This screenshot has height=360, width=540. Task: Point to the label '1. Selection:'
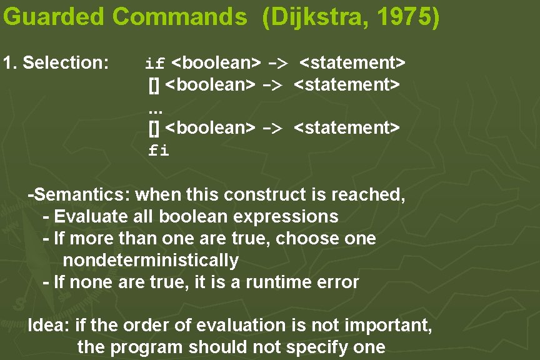pos(56,63)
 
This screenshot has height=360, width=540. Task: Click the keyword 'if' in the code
pos(154,64)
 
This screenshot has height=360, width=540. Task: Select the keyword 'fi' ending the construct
pos(158,151)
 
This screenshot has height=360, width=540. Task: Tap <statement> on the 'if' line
pos(352,63)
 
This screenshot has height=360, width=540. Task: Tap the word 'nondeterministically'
pos(151,260)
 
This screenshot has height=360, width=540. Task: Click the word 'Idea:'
pos(49,326)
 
